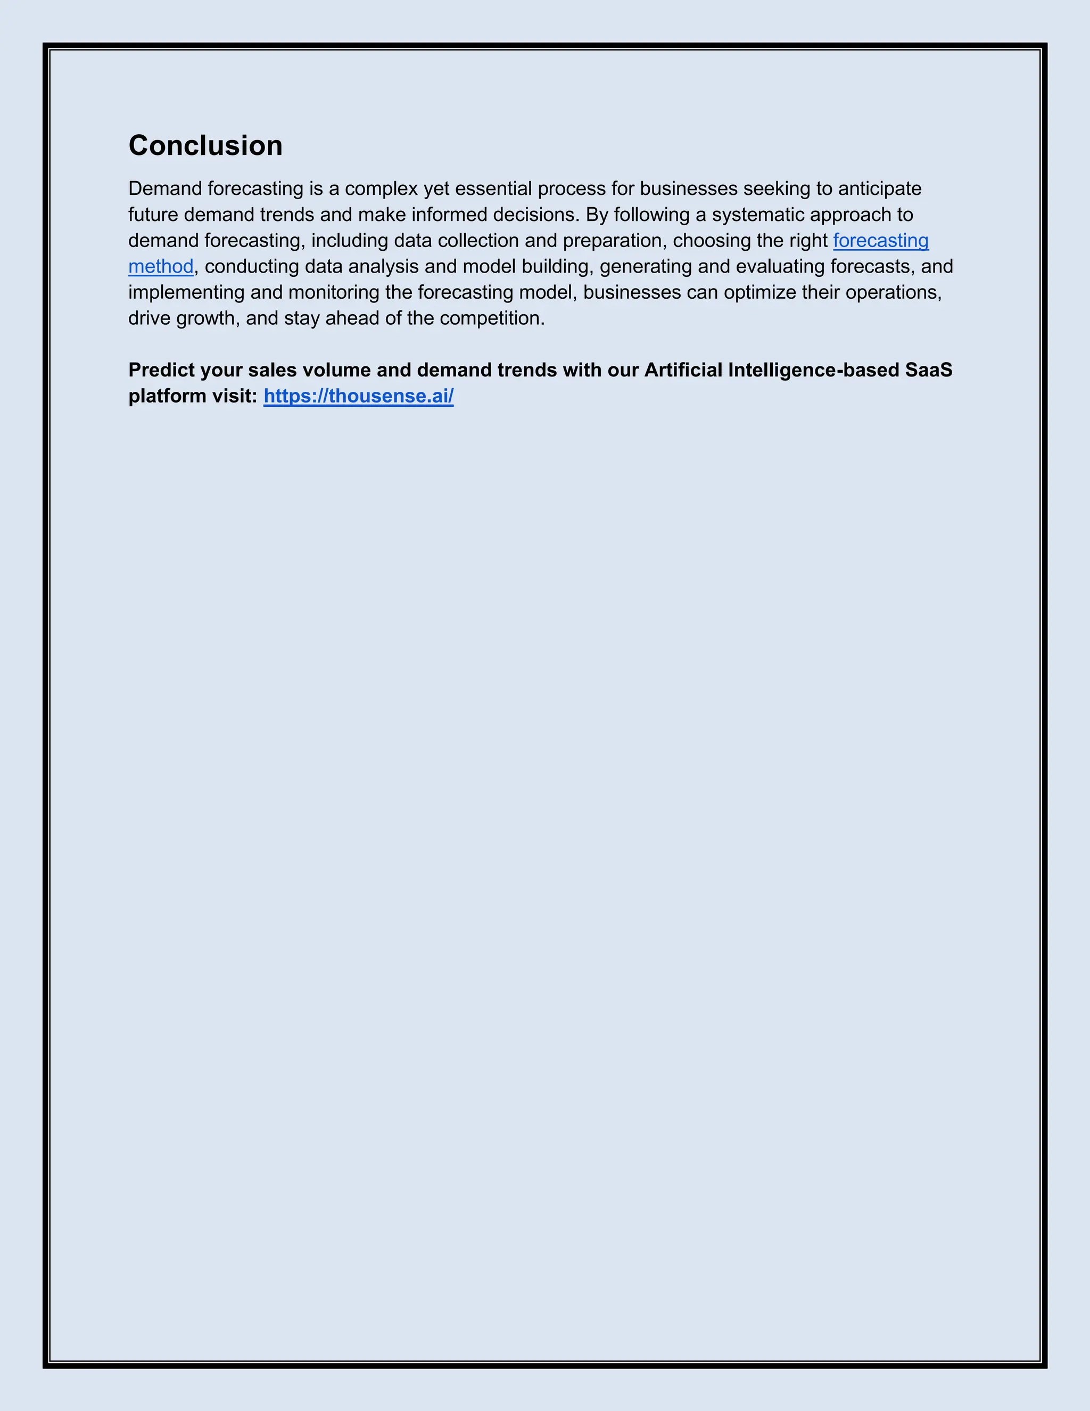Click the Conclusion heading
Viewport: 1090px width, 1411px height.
click(x=205, y=145)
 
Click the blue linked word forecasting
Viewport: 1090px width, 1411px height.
click(x=881, y=240)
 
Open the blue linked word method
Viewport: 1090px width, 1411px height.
click(x=161, y=266)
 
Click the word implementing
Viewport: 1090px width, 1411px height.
click(x=186, y=292)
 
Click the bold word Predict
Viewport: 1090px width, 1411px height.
click(x=161, y=370)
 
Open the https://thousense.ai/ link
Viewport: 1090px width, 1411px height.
click(x=358, y=396)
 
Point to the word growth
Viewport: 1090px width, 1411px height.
click(x=205, y=318)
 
